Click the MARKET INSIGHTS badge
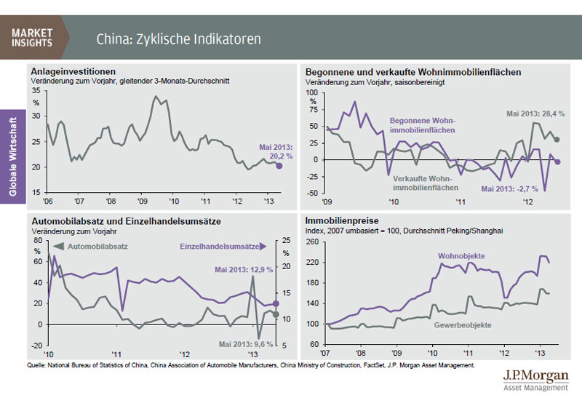32,37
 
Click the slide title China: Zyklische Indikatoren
178,38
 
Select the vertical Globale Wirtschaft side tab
12,153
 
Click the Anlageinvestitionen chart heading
73,71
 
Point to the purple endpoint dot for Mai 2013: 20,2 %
279,166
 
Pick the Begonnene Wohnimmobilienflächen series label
422,124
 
